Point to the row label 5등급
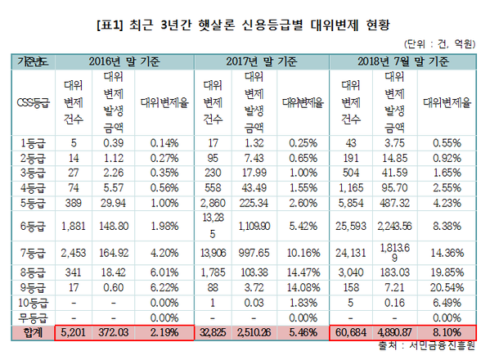tap(33, 201)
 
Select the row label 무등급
tap(33, 317)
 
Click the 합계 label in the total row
tap(33, 333)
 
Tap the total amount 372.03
tap(113, 333)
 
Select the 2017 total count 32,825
tap(211, 333)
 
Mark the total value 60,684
tap(352, 333)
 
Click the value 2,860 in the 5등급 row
tap(211, 201)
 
